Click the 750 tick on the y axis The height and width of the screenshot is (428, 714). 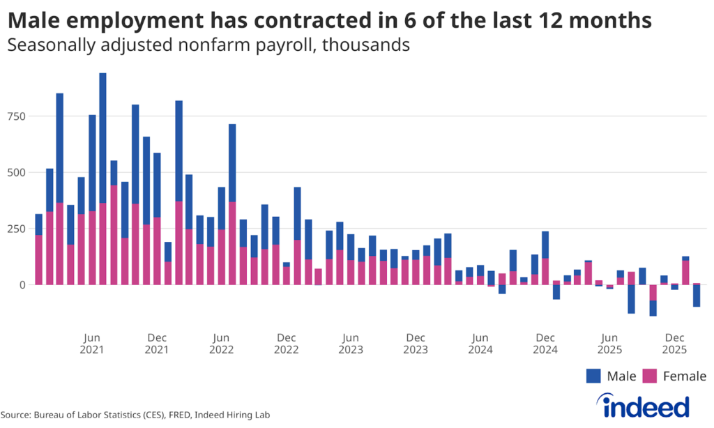pyautogui.click(x=16, y=116)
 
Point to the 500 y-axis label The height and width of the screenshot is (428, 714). pyautogui.click(x=16, y=172)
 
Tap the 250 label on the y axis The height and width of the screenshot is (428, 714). pyautogui.click(x=16, y=229)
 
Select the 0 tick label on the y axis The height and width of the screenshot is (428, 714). pyautogui.click(x=22, y=285)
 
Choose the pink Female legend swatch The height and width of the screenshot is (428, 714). pyautogui.click(x=650, y=376)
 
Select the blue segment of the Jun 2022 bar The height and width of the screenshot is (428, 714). pyautogui.click(x=232, y=163)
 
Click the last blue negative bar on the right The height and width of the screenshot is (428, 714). pyautogui.click(x=697, y=296)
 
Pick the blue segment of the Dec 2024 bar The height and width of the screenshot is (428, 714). pyautogui.click(x=545, y=245)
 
